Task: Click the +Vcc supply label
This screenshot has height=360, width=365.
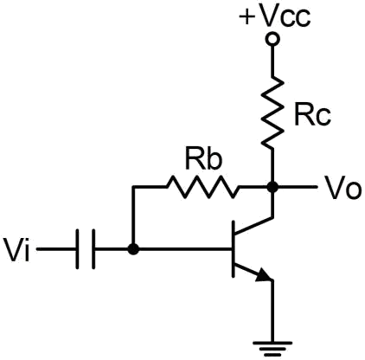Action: (275, 16)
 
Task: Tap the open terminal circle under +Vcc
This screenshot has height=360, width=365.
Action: (272, 39)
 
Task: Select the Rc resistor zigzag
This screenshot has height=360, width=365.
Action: (272, 112)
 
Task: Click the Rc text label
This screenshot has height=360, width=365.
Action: (312, 116)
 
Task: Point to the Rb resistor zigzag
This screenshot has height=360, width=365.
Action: (202, 187)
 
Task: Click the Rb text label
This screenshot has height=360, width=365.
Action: (204, 158)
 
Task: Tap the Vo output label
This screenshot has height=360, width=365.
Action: (343, 188)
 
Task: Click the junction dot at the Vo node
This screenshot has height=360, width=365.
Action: (272, 187)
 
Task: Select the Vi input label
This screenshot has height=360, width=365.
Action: (17, 249)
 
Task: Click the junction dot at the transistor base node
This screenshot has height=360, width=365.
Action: (133, 248)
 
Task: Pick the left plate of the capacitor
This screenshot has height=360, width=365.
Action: (78, 249)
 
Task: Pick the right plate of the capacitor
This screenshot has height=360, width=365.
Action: (93, 249)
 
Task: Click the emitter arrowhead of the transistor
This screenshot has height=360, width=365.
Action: (265, 275)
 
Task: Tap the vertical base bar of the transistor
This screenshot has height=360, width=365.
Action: (234, 249)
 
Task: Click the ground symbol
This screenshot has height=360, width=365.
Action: (272, 349)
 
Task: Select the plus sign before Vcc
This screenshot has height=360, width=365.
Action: (247, 17)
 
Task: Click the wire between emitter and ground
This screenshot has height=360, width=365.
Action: (272, 311)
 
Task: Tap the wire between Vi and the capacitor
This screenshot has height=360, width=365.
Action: (57, 249)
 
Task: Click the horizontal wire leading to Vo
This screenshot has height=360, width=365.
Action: (295, 187)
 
